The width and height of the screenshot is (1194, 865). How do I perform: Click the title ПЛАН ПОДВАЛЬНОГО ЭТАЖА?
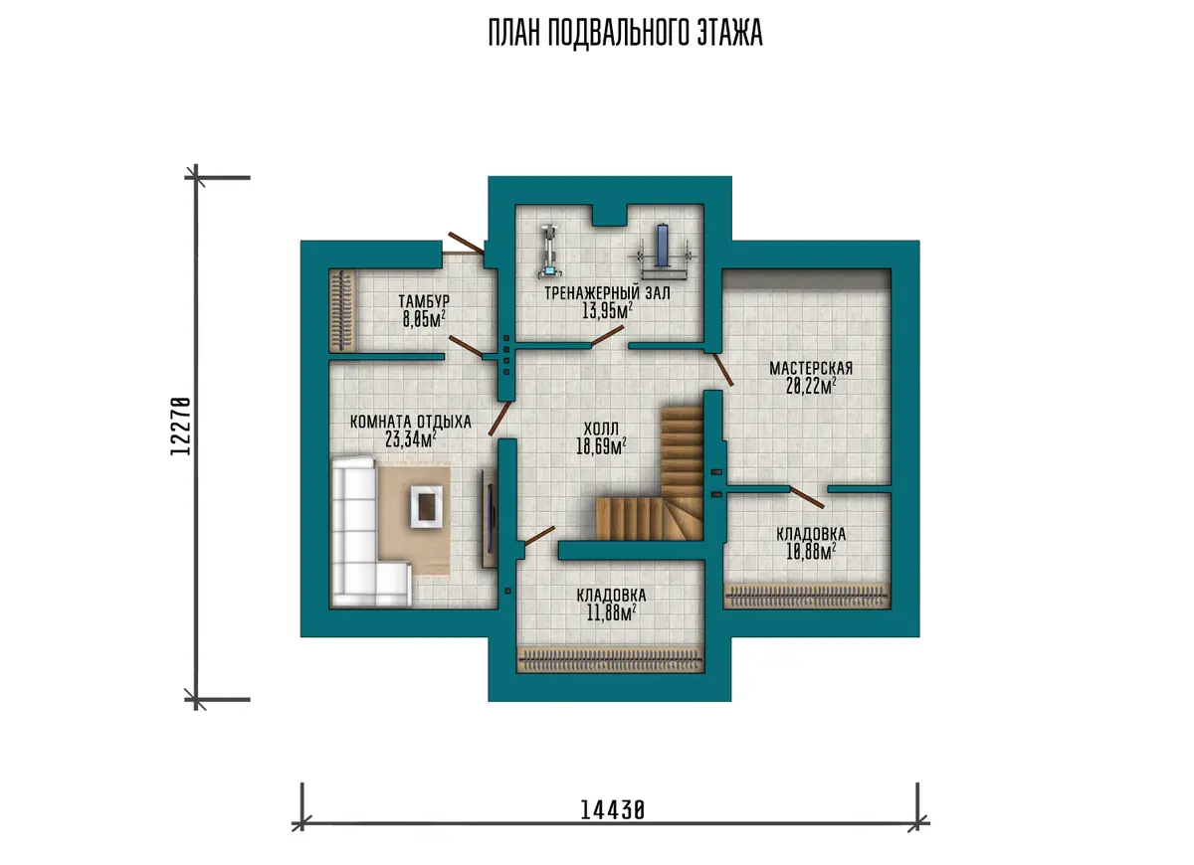pos(625,33)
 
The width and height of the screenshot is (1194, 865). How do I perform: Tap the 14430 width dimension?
pos(612,810)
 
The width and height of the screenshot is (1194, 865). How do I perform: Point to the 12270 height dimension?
pos(181,426)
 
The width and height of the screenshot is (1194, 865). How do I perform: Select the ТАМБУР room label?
pos(424,301)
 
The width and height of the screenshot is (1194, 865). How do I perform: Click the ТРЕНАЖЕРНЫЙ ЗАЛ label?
pos(607,293)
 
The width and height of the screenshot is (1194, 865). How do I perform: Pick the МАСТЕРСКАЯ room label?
pos(811,368)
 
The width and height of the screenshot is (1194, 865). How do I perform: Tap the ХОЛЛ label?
pos(601,429)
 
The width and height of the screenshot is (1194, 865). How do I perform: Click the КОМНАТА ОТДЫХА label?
pos(410,422)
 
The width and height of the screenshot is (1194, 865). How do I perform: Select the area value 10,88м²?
pos(811,553)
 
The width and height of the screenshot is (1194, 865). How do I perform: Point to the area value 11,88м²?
pos(611,613)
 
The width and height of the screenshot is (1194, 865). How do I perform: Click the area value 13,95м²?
pos(607,310)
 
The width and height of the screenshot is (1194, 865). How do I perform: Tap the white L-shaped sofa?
pos(362,532)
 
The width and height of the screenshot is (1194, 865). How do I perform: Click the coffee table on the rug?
pos(426,506)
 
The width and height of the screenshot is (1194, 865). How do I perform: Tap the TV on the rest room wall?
pos(490,518)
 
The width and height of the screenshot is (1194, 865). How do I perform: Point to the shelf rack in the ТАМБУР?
pos(342,310)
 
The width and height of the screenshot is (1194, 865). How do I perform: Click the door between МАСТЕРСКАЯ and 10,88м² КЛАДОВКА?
pos(807,497)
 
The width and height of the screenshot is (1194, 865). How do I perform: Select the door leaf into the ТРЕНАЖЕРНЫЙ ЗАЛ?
pos(607,337)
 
